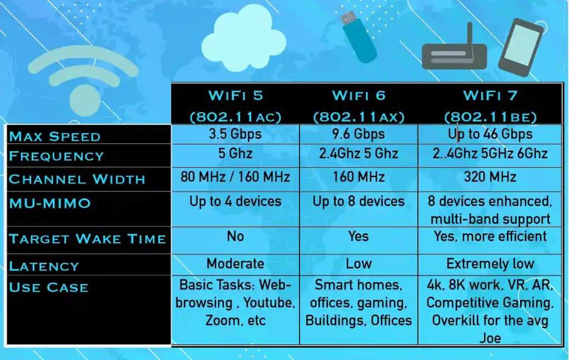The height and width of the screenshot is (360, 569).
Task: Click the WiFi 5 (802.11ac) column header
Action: tap(235, 106)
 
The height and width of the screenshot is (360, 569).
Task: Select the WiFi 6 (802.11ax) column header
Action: tap(358, 106)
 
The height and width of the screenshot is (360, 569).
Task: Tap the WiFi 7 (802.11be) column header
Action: tap(490, 106)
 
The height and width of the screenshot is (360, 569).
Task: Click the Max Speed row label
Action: tap(55, 137)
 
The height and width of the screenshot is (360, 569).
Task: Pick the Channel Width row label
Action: tap(77, 179)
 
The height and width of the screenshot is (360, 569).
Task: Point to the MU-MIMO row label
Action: tap(49, 203)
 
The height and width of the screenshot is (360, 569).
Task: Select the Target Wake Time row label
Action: tap(87, 239)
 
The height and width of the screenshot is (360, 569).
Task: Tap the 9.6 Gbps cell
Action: tap(358, 134)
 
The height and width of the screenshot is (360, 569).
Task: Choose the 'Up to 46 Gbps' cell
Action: tap(490, 134)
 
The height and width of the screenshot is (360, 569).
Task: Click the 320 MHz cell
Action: tap(490, 177)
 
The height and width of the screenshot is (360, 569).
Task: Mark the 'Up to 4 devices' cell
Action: tap(235, 202)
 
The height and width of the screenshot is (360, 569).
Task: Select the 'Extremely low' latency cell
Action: tap(490, 263)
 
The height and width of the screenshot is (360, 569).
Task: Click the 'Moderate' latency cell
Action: tap(235, 263)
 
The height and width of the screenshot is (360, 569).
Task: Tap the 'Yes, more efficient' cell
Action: tap(490, 237)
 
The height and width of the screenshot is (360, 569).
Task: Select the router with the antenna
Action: tap(455, 54)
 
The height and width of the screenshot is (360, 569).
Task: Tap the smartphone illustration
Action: tap(520, 47)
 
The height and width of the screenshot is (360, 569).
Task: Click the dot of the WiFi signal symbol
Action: tap(85, 100)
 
